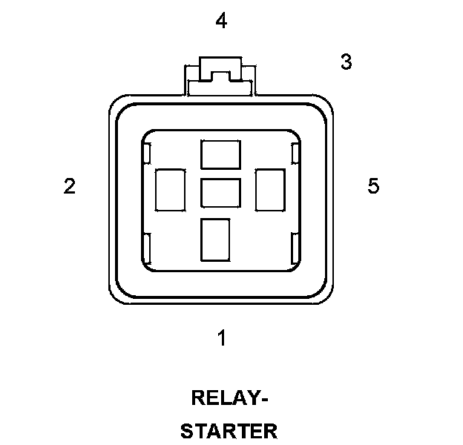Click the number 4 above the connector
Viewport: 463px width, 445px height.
[x=220, y=22]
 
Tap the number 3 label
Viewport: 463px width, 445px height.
[x=346, y=63]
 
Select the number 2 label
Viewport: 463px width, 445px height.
[x=69, y=186]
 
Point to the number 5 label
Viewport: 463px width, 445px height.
[x=373, y=186]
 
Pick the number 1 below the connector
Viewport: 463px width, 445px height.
[x=221, y=338]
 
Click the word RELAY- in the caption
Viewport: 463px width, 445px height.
[x=229, y=399]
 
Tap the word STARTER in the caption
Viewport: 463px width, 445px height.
[x=229, y=431]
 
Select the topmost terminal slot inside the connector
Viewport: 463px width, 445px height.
[x=221, y=154]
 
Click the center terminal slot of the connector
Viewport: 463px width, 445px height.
[x=221, y=192]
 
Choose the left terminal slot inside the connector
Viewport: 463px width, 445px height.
[x=170, y=189]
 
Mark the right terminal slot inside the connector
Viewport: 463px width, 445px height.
[x=270, y=189]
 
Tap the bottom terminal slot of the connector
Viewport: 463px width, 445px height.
[x=215, y=239]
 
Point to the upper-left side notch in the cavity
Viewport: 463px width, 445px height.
[x=147, y=154]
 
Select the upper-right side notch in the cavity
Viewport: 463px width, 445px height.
[x=295, y=154]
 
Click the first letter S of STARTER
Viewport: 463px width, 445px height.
[x=188, y=431]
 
